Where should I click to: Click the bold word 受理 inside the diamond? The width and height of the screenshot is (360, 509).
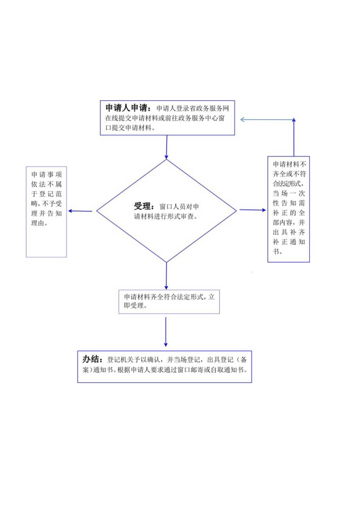(x=142, y=206)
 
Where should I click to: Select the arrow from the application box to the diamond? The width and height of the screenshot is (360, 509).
(x=167, y=147)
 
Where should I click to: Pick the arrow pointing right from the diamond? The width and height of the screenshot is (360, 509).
(x=252, y=210)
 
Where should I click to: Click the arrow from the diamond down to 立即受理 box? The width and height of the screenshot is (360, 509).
(x=166, y=276)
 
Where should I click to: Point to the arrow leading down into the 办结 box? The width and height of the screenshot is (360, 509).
(x=166, y=332)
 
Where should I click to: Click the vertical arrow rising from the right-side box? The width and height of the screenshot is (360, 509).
(x=294, y=137)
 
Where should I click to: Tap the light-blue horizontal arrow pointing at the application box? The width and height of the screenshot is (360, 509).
(x=266, y=119)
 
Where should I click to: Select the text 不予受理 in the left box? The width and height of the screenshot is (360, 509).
(x=52, y=203)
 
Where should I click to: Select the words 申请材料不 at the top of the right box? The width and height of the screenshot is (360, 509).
(x=289, y=164)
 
